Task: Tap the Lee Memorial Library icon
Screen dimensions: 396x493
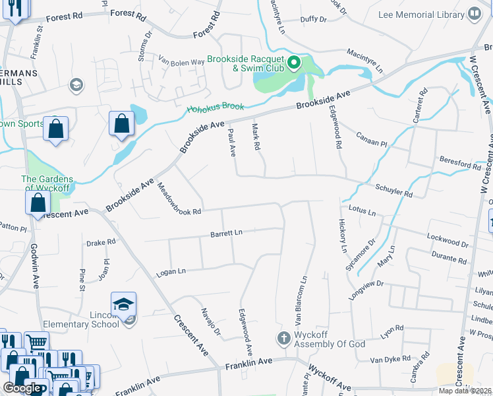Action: coord(474,14)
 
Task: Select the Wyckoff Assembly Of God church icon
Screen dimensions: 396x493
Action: coord(283,338)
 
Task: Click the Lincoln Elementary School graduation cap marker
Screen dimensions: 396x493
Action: coord(123,305)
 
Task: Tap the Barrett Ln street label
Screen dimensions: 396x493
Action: coord(227,233)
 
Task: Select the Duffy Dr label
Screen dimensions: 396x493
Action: coord(313,20)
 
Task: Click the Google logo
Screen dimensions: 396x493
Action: coord(22,387)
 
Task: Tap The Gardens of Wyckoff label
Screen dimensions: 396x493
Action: coord(47,183)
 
